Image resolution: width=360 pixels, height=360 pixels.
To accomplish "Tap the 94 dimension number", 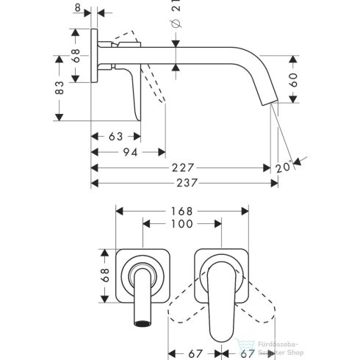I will [x=130, y=152].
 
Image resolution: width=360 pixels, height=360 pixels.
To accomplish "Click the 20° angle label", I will [x=283, y=168].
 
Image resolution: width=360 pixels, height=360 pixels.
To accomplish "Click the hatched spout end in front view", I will [x=141, y=322].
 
